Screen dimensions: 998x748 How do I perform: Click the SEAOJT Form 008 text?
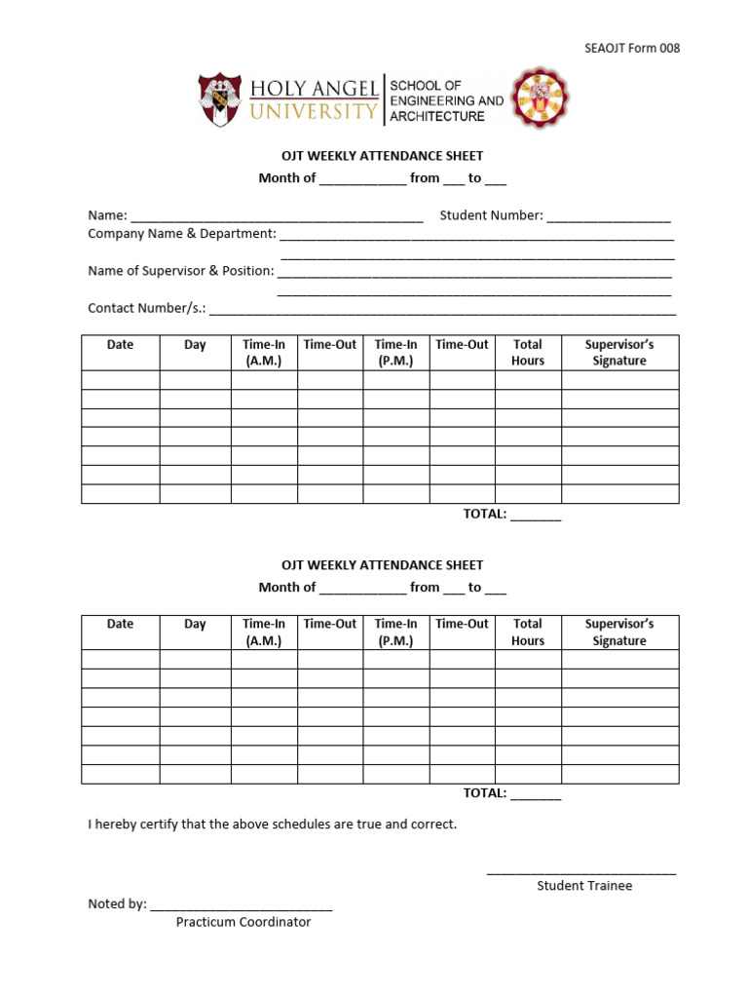pos(631,49)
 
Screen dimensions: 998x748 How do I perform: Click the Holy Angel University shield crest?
pos(220,99)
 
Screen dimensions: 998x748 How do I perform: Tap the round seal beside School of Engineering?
pos(540,98)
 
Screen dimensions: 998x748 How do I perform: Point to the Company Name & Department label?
pos(182,234)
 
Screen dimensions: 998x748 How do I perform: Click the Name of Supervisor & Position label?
pos(180,271)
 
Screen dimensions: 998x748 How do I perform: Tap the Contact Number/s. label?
pos(147,308)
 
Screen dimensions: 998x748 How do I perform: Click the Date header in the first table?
pos(121,345)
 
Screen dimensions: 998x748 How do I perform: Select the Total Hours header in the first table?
pos(528,353)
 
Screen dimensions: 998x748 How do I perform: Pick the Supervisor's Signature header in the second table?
pos(619,633)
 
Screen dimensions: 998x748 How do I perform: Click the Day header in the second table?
pos(195,624)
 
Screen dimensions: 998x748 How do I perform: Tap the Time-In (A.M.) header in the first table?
pos(264,353)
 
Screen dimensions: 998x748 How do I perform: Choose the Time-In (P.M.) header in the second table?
pos(396,633)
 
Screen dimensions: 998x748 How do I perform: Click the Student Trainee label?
pos(584,886)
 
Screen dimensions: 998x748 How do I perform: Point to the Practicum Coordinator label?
pos(243,922)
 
